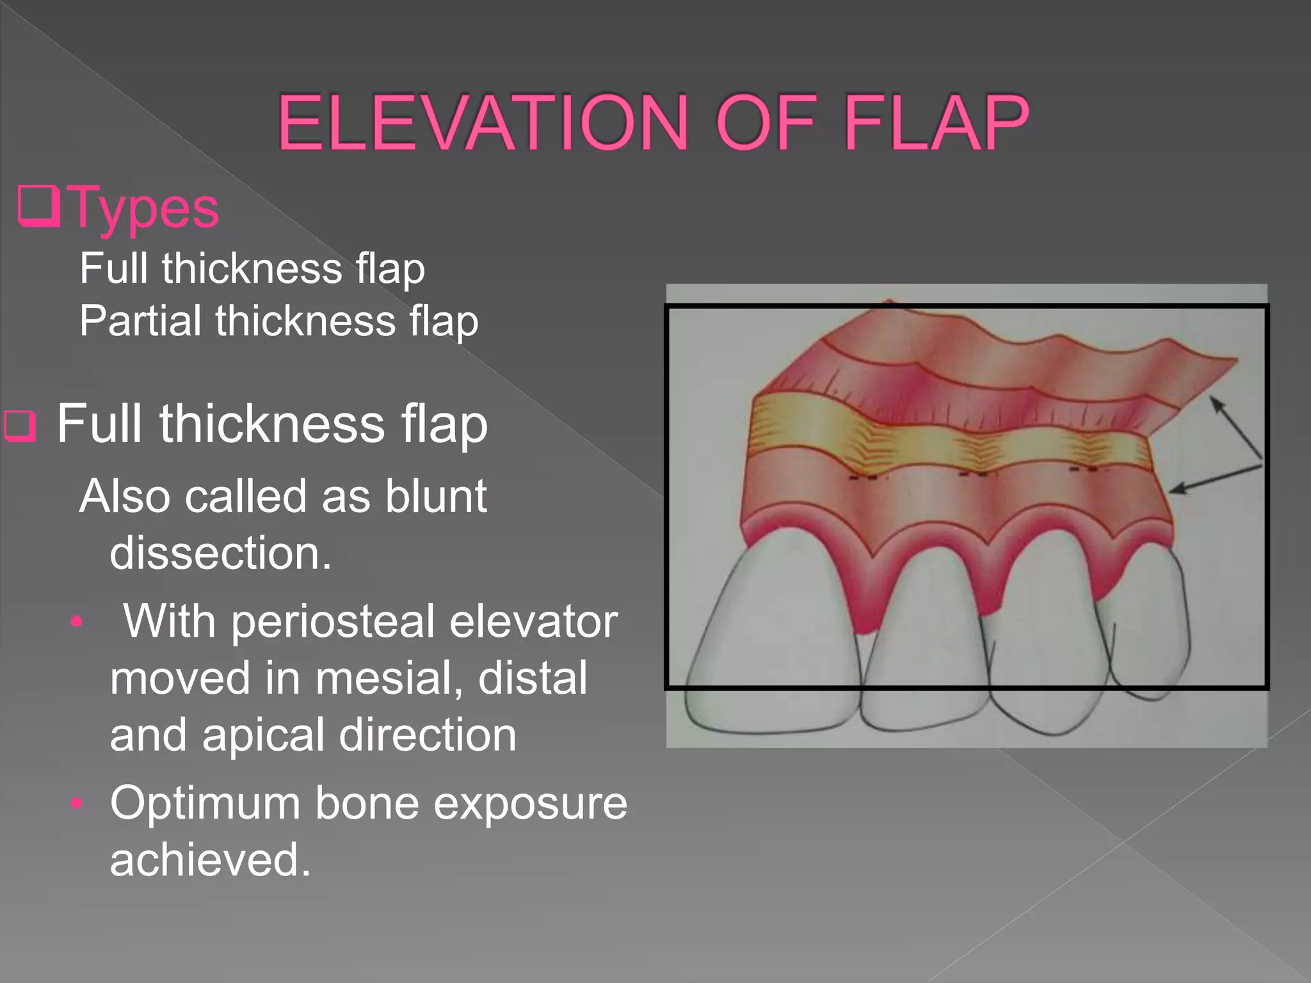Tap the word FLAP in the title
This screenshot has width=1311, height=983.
pyautogui.click(x=936, y=123)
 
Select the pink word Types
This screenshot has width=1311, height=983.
pyautogui.click(x=145, y=208)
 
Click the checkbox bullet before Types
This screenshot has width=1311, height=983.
pyautogui.click(x=39, y=206)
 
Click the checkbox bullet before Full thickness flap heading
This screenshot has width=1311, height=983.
pyautogui.click(x=20, y=426)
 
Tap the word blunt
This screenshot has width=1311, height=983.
pyautogui.click(x=435, y=497)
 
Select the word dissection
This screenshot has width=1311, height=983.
pyautogui.click(x=220, y=553)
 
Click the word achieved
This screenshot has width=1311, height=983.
pyautogui.click(x=210, y=859)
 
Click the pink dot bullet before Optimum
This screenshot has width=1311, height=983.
pyautogui.click(x=77, y=803)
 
